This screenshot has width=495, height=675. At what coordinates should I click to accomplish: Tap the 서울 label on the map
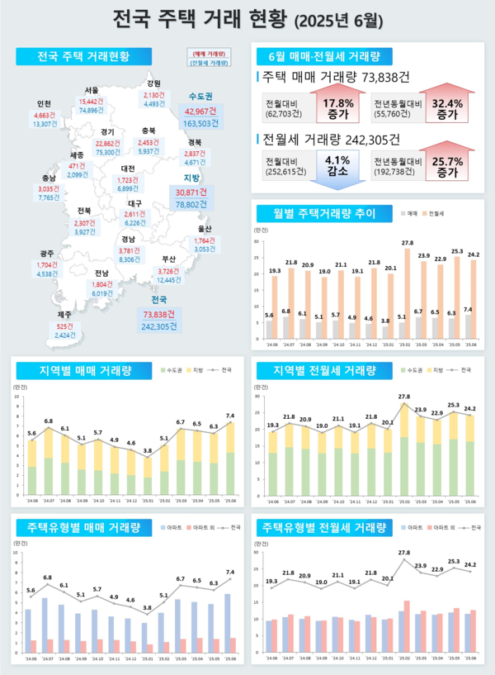92,89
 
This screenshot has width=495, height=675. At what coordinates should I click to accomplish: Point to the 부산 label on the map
169,259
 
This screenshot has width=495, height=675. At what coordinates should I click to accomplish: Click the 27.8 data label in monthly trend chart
407,242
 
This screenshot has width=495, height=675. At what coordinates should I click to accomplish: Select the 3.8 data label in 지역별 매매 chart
147,450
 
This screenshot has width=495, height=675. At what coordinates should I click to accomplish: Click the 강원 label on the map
153,83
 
